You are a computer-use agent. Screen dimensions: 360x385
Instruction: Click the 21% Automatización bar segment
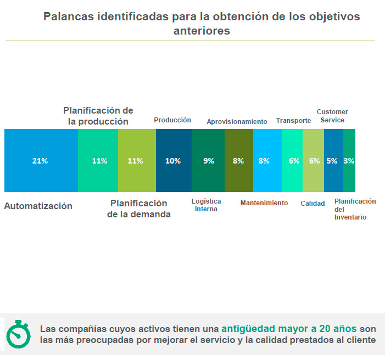(41, 161)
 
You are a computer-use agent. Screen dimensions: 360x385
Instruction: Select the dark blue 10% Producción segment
(174, 161)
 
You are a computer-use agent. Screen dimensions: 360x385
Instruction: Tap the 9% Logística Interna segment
(208, 161)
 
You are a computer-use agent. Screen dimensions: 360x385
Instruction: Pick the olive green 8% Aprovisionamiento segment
(239, 161)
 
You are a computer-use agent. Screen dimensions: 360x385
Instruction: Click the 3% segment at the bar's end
(349, 161)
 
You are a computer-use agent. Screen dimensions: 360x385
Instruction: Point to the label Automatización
(38, 206)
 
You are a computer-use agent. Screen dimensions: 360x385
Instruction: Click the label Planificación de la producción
(98, 116)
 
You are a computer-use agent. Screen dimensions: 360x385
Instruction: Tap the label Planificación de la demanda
(138, 209)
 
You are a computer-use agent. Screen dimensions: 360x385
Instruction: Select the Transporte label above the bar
(293, 121)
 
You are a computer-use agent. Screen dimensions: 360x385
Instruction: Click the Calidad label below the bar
(313, 204)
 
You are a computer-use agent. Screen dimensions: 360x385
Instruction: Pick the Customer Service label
(332, 116)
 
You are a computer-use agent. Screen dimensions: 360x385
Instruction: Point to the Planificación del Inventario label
(355, 209)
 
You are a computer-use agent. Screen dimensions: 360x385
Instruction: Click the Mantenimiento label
(264, 203)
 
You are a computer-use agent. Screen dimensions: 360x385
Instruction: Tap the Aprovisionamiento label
(237, 122)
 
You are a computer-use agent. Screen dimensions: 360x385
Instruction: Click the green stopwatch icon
(18, 334)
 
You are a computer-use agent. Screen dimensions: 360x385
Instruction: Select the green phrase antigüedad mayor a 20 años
(289, 329)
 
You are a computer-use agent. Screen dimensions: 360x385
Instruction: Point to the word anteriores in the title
(202, 31)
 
